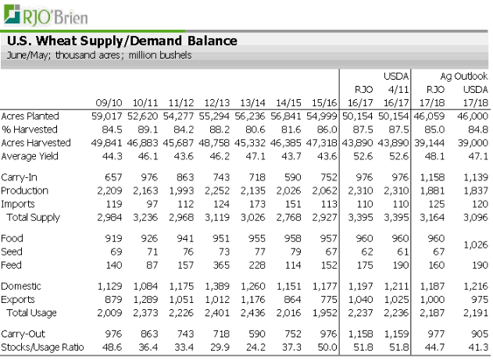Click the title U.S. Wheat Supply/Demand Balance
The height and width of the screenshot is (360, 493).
coord(121,41)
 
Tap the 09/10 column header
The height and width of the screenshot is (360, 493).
coord(109,102)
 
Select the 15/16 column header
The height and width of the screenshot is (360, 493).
coord(324,102)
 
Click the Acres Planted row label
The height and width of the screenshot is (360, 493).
coord(30,116)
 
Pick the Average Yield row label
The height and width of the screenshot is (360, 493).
coord(30,156)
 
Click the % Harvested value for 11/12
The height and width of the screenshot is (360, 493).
coord(182,129)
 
